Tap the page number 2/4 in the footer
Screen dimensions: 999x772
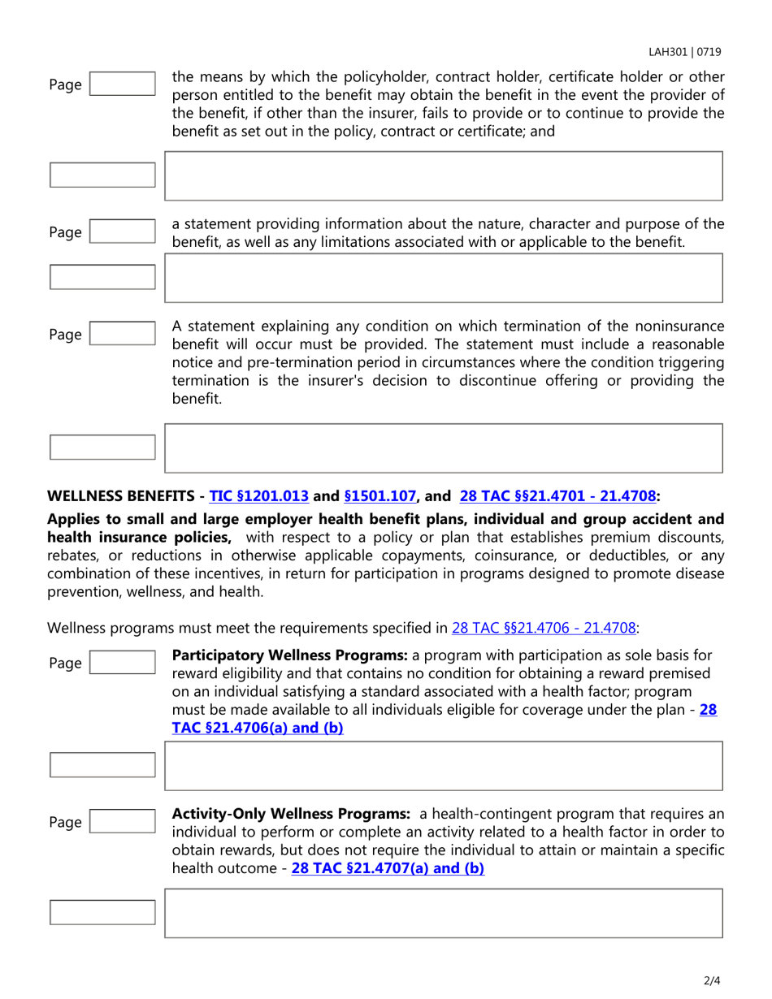tap(712, 981)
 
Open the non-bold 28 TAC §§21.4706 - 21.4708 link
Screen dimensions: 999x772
tap(544, 627)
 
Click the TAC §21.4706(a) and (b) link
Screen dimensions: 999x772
tap(258, 728)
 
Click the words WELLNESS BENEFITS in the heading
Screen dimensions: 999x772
tap(123, 494)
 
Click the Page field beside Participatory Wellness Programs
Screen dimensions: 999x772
tap(122, 663)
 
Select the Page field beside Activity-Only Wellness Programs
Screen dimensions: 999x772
tap(122, 822)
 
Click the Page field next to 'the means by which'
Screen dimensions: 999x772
tap(122, 84)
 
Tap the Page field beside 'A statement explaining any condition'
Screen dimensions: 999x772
tap(122, 334)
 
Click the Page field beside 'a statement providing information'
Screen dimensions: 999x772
tap(122, 232)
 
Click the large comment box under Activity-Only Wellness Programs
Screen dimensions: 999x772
tap(443, 912)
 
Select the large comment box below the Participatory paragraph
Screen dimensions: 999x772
tap(443, 765)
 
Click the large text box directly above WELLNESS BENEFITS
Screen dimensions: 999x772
tap(443, 447)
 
